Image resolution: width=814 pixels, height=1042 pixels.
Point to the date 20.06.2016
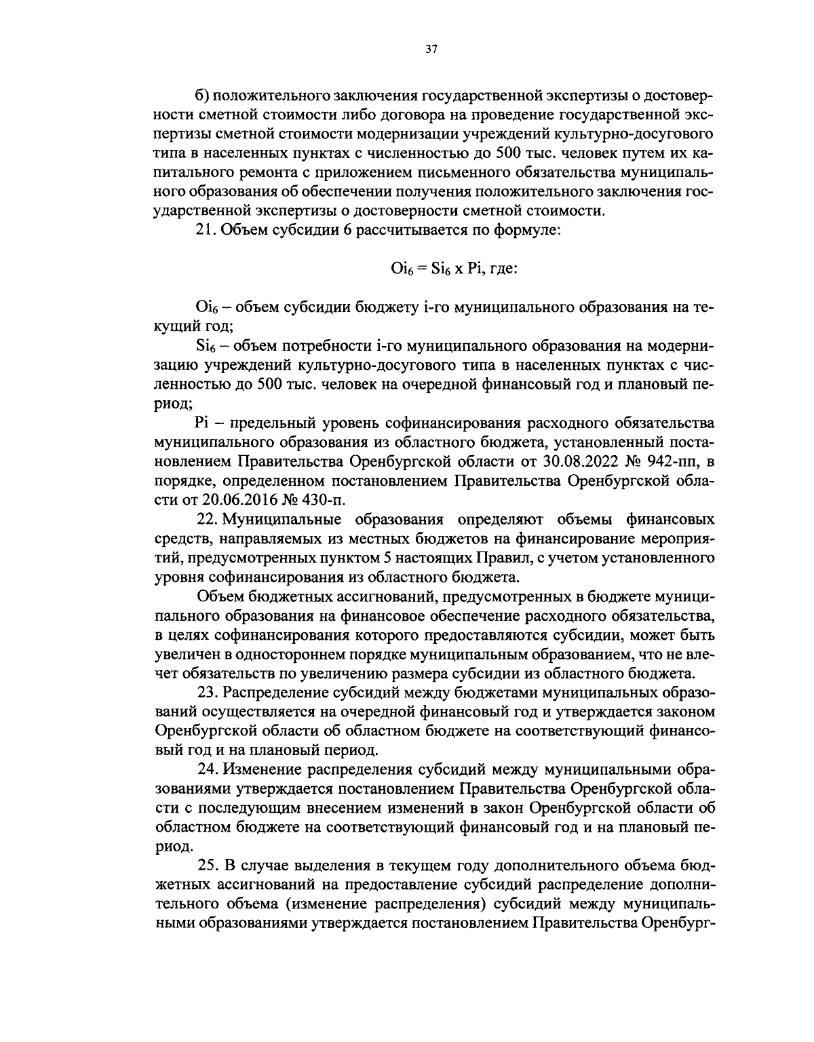coord(239,501)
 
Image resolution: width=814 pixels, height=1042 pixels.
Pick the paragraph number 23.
coord(206,693)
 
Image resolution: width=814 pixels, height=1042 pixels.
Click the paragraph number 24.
coord(206,769)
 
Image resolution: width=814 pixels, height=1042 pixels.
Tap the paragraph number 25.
coord(206,866)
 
